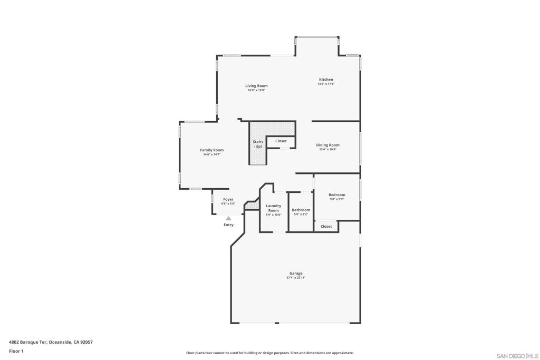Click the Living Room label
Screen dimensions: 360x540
(256, 86)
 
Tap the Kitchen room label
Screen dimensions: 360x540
(326, 80)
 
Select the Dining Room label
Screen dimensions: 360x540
(327, 145)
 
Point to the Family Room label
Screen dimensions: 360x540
(211, 150)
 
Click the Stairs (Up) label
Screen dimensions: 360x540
(258, 144)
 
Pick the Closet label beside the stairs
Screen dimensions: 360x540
(281, 141)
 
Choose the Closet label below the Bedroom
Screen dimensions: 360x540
(326, 227)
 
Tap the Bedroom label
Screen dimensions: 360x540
(337, 195)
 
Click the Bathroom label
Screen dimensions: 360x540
(301, 210)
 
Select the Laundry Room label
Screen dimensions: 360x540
(274, 208)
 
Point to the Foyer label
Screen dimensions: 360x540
(228, 200)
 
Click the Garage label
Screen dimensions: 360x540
(296, 274)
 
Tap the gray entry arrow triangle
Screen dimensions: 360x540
(228, 218)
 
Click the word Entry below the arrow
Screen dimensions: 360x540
(228, 225)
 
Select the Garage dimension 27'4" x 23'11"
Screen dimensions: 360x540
(296, 278)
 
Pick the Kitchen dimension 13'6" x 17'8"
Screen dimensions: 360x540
(326, 84)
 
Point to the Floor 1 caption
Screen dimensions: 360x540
(16, 351)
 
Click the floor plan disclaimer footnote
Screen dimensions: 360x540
(269, 353)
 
